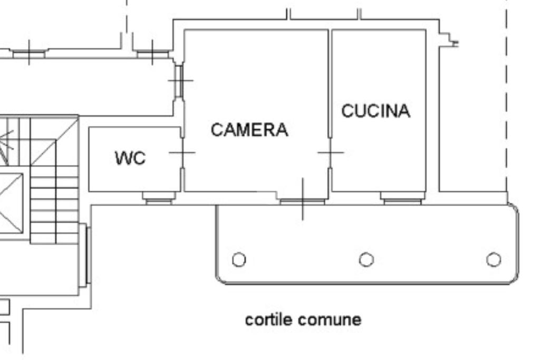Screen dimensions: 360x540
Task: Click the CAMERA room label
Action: [249, 130]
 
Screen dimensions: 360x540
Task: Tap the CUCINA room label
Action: [375, 111]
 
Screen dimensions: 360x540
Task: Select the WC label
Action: [130, 158]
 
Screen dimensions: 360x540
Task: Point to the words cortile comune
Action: [303, 319]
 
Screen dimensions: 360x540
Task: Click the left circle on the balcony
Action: [239, 260]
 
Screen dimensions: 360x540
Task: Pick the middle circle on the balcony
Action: [367, 260]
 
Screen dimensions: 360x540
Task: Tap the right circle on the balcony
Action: [494, 260]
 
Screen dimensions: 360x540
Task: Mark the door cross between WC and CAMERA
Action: [182, 153]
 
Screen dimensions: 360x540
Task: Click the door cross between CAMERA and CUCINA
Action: [331, 153]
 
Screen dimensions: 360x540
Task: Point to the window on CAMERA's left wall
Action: [179, 81]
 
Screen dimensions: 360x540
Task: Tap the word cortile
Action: [269, 319]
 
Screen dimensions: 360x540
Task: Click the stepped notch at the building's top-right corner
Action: [449, 40]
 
